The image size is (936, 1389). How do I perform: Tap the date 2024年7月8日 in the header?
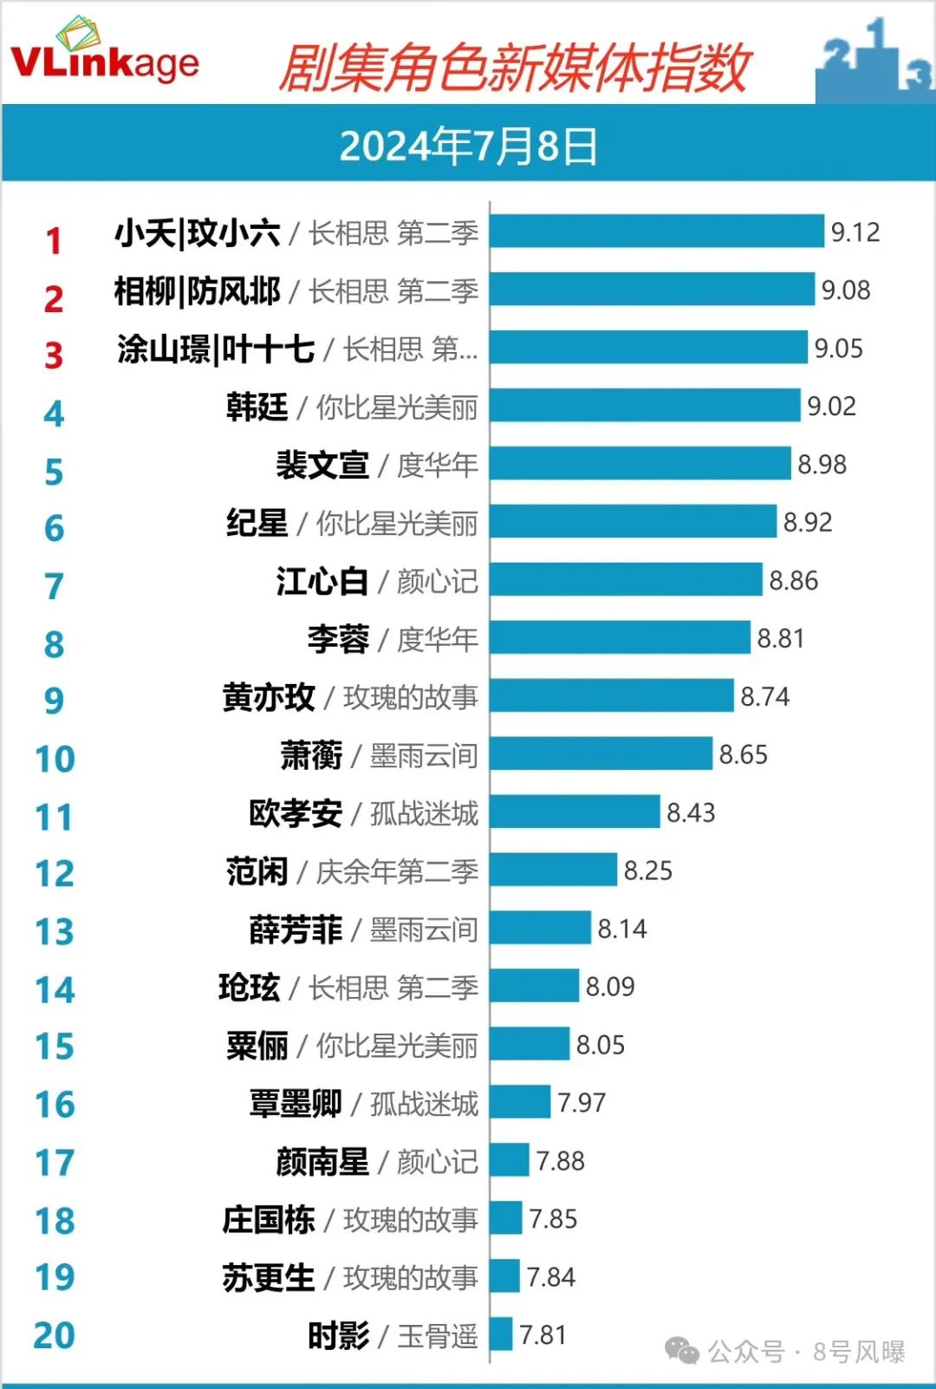[468, 146]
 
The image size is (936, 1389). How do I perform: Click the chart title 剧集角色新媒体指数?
[513, 68]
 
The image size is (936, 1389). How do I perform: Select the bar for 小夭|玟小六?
[656, 231]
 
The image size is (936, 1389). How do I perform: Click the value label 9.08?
[845, 290]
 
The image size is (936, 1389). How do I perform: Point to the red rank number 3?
[54, 355]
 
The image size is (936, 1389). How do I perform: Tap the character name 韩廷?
[257, 407]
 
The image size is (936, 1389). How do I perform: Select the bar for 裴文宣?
[640, 464]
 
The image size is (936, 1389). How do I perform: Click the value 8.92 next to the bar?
[807, 522]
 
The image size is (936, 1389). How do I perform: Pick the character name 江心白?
[322, 581]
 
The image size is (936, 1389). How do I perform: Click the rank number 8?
[54, 645]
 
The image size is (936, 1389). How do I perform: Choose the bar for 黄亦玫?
[611, 696]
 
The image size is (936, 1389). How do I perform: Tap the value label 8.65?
[743, 754]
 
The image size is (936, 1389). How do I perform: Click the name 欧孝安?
[296, 813]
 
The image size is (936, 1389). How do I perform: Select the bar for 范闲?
[553, 871]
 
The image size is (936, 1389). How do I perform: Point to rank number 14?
[55, 990]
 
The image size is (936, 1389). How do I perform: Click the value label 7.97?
[581, 1103]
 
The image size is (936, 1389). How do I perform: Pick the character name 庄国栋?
[268, 1220]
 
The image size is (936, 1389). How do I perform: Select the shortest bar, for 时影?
[501, 1334]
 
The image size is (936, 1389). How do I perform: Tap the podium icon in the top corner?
[873, 61]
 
